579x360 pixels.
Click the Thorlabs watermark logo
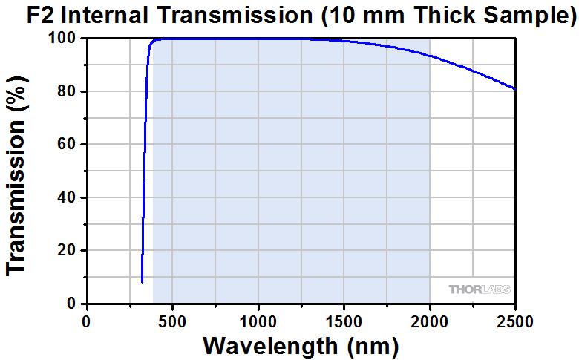coord(480,289)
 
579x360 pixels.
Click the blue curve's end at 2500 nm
coord(514,89)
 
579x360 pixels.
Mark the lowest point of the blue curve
coord(142,282)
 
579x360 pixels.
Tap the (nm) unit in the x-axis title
coord(370,346)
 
